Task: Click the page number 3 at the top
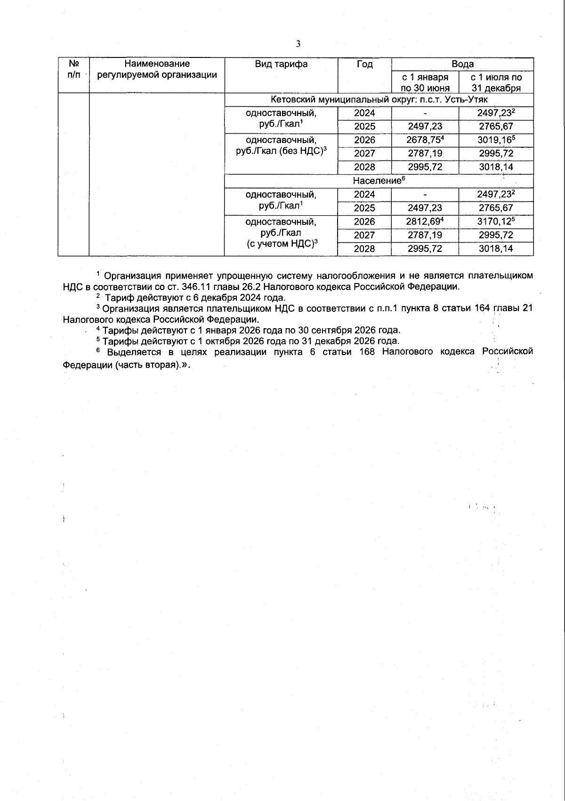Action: pos(298,44)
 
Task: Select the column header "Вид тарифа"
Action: pos(281,65)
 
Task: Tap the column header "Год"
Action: pos(364,65)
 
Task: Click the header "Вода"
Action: pos(462,64)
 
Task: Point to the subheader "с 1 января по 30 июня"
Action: pos(425,82)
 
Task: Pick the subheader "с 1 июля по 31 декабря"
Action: pos(496,82)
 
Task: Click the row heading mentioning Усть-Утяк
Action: pos(379,100)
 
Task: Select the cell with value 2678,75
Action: pos(425,140)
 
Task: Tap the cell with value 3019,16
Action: pos(496,140)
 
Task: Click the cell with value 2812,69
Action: pos(425,221)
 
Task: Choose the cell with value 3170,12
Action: pos(496,221)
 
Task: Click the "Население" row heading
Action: pos(379,181)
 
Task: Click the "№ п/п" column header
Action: pos(73,69)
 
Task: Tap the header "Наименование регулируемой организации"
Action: pos(157,69)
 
